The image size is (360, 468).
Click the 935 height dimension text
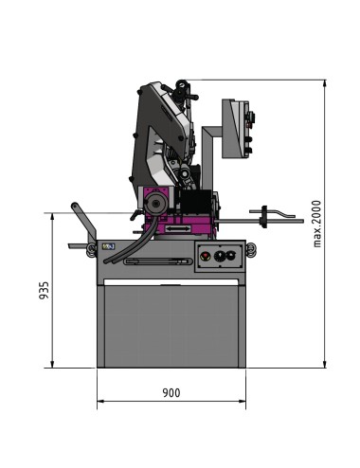tap(44, 291)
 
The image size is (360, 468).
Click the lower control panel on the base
tap(219, 256)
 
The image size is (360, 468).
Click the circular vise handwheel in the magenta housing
tap(155, 203)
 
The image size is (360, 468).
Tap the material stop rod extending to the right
tap(275, 218)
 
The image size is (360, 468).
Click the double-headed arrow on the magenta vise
tap(175, 228)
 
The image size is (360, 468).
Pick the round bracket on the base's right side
tap(251, 248)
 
